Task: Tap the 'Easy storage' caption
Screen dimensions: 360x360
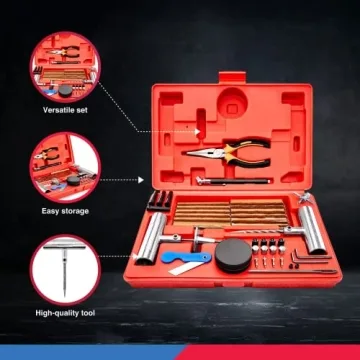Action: click(x=64, y=211)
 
